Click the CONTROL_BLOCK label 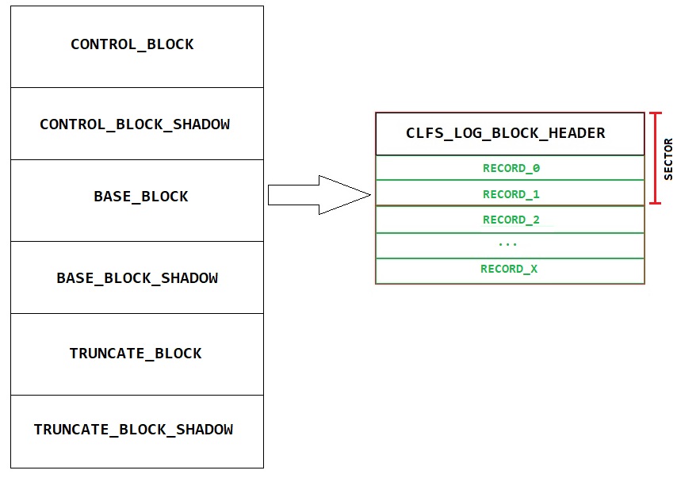(132, 44)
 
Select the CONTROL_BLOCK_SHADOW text (135, 124)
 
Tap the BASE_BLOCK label (141, 197)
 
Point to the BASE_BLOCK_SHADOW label (137, 278)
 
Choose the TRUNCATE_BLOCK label (136, 354)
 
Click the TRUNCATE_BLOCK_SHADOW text (133, 430)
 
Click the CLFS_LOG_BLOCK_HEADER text (506, 133)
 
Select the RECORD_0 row (511, 168)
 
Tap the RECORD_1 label (511, 194)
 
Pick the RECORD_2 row (511, 220)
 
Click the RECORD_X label (509, 269)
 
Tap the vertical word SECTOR (667, 159)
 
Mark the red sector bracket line (655, 159)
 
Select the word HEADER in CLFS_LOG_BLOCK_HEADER (578, 133)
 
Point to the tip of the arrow (369, 195)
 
